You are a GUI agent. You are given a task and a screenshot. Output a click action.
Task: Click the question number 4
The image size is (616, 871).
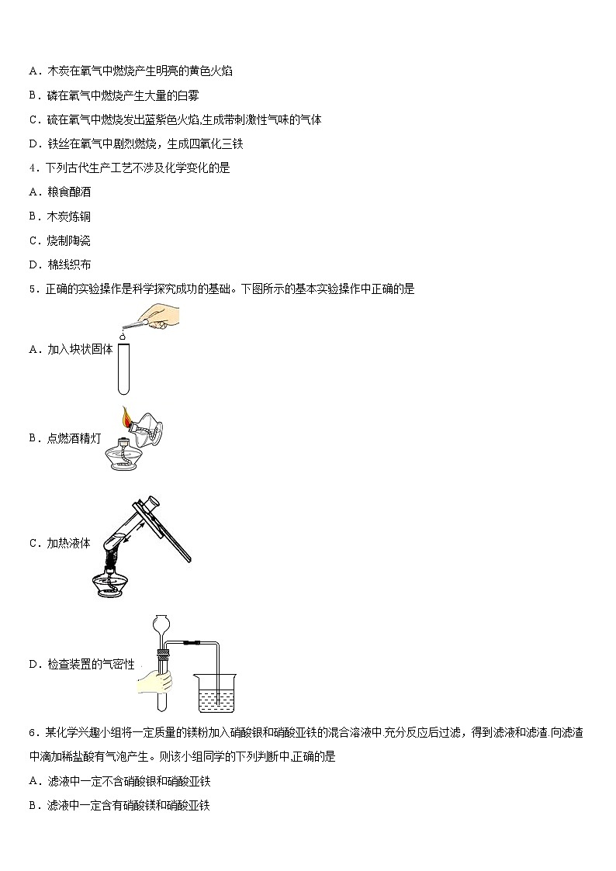coord(33,168)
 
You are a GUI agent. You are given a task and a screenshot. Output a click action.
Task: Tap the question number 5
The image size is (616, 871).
coord(33,289)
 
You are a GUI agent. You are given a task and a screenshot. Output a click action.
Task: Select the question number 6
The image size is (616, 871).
coord(33,733)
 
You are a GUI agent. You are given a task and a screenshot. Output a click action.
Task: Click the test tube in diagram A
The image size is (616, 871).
coord(123,368)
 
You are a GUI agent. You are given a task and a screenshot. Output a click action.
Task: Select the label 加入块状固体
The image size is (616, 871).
coord(80,349)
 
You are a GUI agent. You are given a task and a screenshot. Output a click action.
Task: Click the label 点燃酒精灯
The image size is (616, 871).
coord(74,438)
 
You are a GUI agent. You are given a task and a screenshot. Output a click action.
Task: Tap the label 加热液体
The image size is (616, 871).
coord(68,543)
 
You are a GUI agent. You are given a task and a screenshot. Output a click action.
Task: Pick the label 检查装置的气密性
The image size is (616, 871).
coord(91,664)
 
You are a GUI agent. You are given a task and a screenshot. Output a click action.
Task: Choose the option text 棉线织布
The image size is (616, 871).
coord(69,265)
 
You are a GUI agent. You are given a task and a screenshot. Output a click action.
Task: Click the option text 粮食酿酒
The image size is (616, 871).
coord(69,192)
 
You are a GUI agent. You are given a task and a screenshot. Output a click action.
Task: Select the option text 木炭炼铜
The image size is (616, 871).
coord(69,216)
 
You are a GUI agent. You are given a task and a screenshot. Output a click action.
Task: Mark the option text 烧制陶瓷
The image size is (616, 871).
coord(69,240)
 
